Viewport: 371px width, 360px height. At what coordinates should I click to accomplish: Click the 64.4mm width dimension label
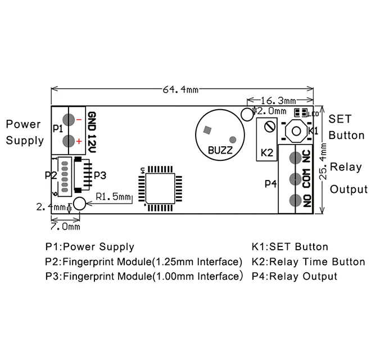pos(180,89)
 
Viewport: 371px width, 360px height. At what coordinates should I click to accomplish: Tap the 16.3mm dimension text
pos(278,101)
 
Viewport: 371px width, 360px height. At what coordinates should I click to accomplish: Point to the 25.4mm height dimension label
pos(323,161)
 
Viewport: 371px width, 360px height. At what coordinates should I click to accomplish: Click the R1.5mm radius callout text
pos(113,196)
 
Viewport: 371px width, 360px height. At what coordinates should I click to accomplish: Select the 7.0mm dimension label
pos(65,227)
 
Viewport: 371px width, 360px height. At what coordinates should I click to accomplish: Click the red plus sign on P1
pos(79,141)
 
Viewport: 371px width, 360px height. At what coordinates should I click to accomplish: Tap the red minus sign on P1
pos(79,120)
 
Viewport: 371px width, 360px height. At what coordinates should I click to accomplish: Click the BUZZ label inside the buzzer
pos(220,150)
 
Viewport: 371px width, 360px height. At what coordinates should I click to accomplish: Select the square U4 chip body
pos(160,188)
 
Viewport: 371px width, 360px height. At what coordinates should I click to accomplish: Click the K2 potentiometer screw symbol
pos(270,127)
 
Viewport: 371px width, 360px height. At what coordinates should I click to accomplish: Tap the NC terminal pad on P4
pos(295,158)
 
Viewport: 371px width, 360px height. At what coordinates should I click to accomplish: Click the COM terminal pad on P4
pos(295,179)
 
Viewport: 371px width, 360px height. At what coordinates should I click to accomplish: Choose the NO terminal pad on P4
pos(295,200)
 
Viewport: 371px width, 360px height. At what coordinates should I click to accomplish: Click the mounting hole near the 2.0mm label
pos(247,114)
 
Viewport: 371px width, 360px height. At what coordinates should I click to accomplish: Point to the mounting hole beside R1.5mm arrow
pos(79,204)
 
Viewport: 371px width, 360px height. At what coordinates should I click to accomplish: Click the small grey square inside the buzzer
pos(207,130)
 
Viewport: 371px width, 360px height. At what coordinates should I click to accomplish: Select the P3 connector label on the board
pos(100,175)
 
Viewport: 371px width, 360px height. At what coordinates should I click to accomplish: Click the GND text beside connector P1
pos(92,121)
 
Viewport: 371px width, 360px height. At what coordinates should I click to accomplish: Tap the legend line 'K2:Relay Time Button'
pos(308,262)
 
